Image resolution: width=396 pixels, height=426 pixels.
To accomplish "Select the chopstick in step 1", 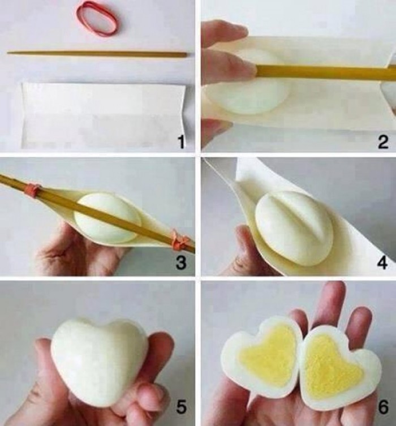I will click(96, 54).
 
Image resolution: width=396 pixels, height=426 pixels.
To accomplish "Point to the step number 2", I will click(383, 142).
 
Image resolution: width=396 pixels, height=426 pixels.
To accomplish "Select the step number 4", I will click(383, 263).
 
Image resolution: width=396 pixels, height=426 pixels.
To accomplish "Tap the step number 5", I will click(180, 406).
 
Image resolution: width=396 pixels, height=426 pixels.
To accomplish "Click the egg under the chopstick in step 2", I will click(249, 93).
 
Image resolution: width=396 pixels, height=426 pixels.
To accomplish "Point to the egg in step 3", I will click(107, 218).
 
